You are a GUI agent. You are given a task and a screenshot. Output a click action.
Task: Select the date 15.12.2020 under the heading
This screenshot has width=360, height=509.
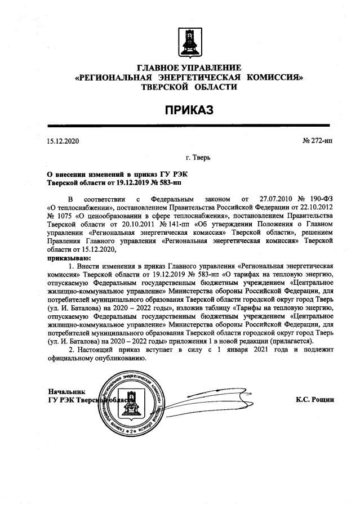[63, 141]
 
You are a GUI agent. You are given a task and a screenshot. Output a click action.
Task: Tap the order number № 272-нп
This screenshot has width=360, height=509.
[318, 141]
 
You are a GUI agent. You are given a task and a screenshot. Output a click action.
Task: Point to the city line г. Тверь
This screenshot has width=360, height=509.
[198, 157]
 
